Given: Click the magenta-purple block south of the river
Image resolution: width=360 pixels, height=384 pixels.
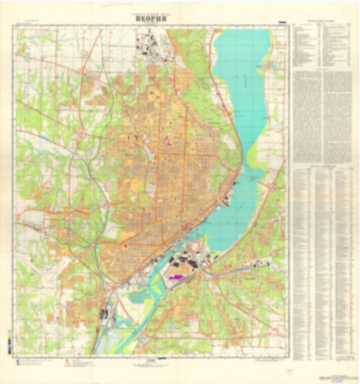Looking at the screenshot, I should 177,276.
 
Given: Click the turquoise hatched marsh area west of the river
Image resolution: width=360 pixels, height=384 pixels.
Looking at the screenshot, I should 139,295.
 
